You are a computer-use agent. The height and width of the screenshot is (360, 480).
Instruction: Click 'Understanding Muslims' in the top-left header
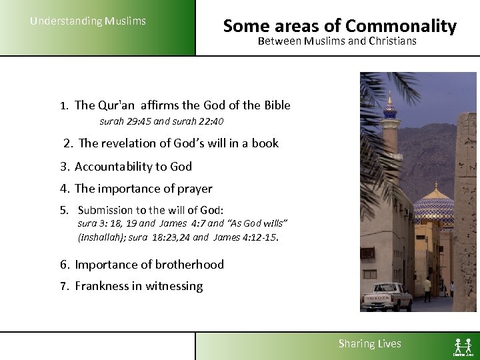click(x=88, y=21)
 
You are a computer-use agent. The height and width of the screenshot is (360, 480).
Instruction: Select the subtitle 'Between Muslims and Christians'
click(x=337, y=41)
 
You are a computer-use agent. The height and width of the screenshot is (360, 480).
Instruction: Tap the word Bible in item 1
click(x=275, y=105)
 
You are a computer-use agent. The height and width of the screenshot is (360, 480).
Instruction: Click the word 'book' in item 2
click(x=265, y=143)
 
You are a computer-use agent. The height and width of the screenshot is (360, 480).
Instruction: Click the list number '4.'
click(x=65, y=189)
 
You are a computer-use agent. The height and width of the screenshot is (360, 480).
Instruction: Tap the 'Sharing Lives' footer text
click(x=369, y=344)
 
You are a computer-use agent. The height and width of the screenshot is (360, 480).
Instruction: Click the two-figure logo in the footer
click(x=463, y=345)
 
